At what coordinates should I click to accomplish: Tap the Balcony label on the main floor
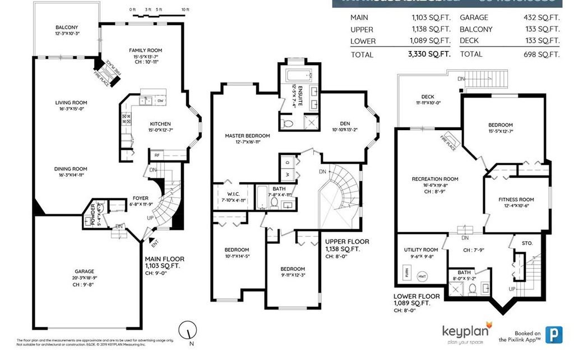coord(67,27)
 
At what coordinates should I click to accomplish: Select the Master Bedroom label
coord(247,136)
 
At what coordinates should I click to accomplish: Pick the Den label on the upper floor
coord(344,124)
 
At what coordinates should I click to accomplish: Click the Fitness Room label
coord(516,200)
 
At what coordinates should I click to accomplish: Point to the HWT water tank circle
coord(422,276)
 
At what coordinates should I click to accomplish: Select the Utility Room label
coord(421,250)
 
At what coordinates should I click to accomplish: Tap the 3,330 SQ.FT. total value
coord(432,54)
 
